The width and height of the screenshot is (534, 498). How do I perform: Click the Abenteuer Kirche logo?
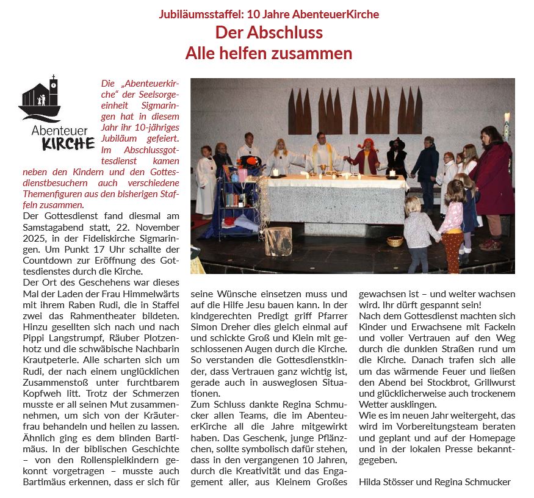(x=56, y=112)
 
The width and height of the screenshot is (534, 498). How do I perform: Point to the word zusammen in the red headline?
(x=313, y=53)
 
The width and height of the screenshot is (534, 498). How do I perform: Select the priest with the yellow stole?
(x=321, y=153)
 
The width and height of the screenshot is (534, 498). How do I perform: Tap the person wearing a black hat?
(x=397, y=156)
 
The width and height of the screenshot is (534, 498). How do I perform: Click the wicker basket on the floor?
(x=395, y=240)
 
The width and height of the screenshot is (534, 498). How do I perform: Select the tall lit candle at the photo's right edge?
(x=507, y=120)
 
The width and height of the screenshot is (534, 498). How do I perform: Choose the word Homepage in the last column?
(x=493, y=438)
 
